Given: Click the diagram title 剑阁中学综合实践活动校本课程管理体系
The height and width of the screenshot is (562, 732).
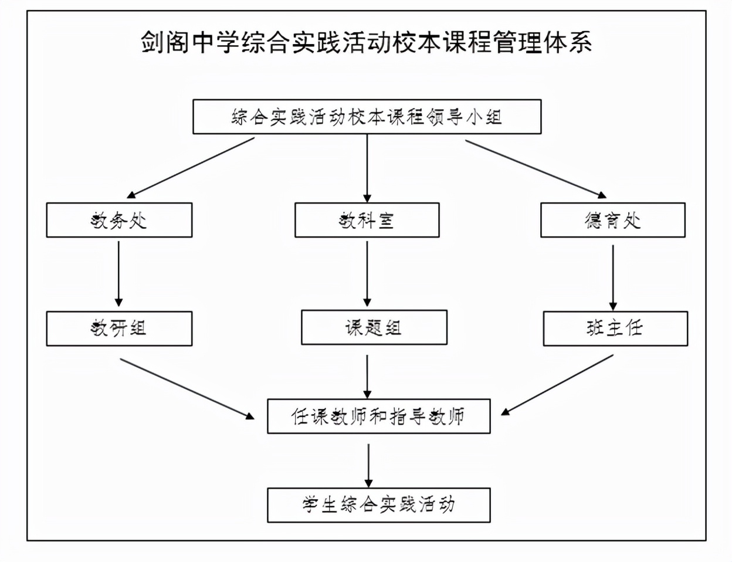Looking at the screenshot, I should click(366, 42).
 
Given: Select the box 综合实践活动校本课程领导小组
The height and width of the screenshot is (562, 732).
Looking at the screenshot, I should click(367, 117).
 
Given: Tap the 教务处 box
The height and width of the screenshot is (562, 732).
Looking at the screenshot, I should click(119, 220).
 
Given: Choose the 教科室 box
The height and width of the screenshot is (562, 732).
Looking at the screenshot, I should click(367, 220).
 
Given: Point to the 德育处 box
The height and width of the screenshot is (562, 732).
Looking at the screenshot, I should click(612, 220).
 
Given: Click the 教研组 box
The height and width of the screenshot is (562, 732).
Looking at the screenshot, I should click(119, 328).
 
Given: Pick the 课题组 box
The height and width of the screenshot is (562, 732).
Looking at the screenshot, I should click(374, 327).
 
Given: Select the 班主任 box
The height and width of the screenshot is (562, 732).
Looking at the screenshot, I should click(615, 328).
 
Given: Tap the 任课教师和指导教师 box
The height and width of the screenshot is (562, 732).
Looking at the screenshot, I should click(378, 417).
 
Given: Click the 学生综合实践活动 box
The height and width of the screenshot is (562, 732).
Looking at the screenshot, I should click(378, 505).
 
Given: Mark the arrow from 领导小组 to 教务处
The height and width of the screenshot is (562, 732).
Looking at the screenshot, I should click(191, 168).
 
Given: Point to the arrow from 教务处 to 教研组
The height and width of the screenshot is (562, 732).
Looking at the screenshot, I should click(118, 273).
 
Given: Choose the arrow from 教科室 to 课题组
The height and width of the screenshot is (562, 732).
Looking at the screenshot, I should click(367, 273).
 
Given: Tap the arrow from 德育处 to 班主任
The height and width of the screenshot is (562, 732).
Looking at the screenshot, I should click(613, 276).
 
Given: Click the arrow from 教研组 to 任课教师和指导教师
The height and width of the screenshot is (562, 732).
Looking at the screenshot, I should click(187, 388).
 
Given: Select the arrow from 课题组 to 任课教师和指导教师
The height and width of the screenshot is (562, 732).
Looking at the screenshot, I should click(367, 376).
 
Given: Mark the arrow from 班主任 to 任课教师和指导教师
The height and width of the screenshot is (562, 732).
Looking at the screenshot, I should click(557, 385).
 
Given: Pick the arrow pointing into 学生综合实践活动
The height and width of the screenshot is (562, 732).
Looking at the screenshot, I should click(368, 465).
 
